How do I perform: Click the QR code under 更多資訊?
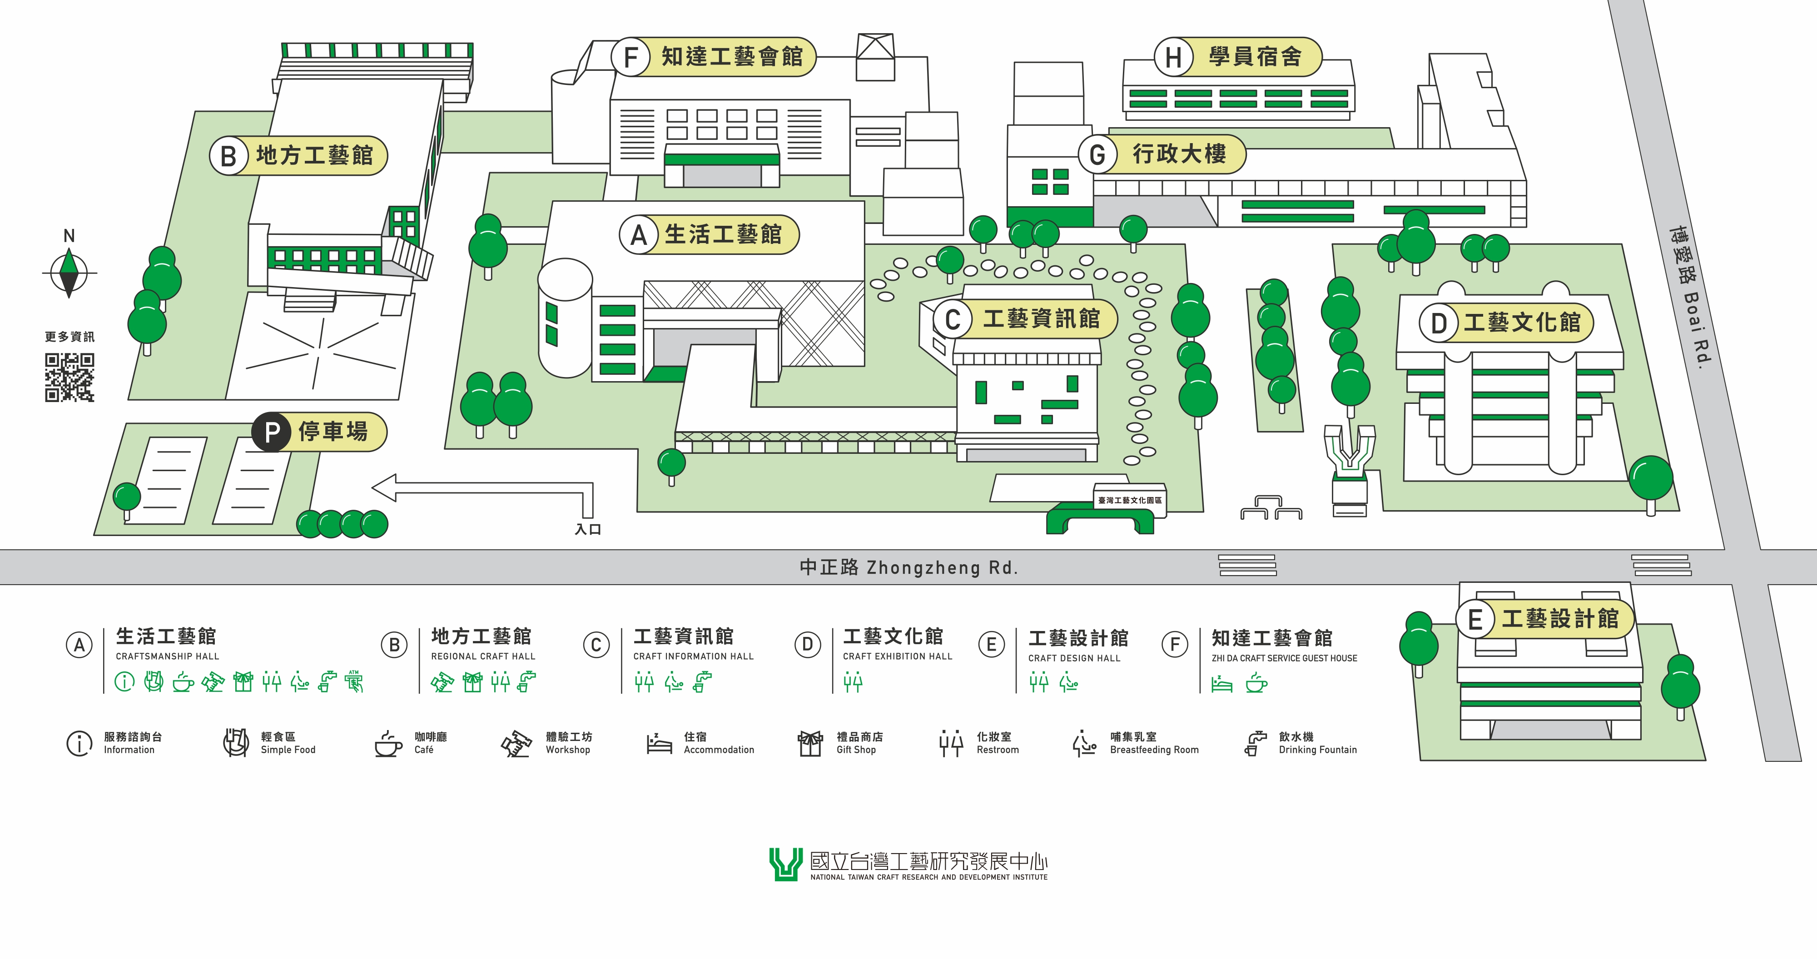(69, 378)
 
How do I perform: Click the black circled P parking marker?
(272, 432)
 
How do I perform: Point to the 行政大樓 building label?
(1179, 154)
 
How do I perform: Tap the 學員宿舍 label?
(1256, 56)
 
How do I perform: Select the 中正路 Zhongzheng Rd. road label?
(908, 567)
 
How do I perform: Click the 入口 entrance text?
(587, 529)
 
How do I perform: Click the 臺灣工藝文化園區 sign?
(1129, 500)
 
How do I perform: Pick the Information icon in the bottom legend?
(79, 743)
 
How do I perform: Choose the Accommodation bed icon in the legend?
(659, 744)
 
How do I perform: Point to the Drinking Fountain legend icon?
(1253, 743)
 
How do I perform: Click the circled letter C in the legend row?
(596, 645)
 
